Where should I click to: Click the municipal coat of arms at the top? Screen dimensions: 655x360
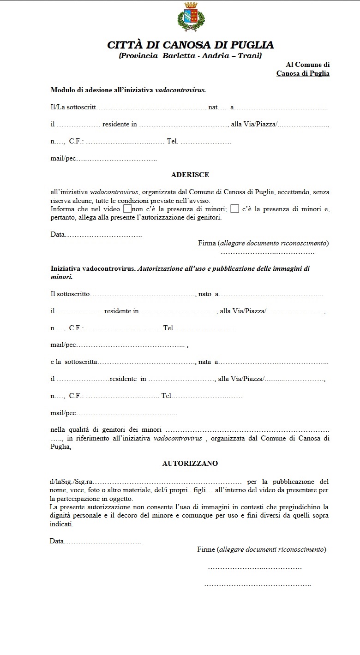pos(191,17)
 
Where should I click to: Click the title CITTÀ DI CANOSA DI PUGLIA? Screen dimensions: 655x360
pos(190,45)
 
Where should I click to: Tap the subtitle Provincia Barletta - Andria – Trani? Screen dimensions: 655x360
pos(190,56)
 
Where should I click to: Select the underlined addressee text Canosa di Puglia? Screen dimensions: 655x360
pos(303,73)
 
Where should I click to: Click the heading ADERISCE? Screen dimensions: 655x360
pos(190,175)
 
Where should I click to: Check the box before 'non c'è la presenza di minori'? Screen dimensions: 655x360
pos(127,208)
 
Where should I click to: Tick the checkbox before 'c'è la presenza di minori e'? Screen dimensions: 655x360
pos(234,208)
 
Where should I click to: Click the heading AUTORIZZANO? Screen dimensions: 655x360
pos(190,464)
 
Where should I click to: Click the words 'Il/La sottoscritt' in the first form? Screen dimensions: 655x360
pos(73,107)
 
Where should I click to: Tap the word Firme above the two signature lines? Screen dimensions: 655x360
pos(206,549)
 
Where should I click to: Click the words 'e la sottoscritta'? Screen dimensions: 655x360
pos(74,362)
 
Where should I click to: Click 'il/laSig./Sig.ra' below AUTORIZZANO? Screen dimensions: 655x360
pos(72,482)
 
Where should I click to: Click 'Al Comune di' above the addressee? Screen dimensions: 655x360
pos(307,65)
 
